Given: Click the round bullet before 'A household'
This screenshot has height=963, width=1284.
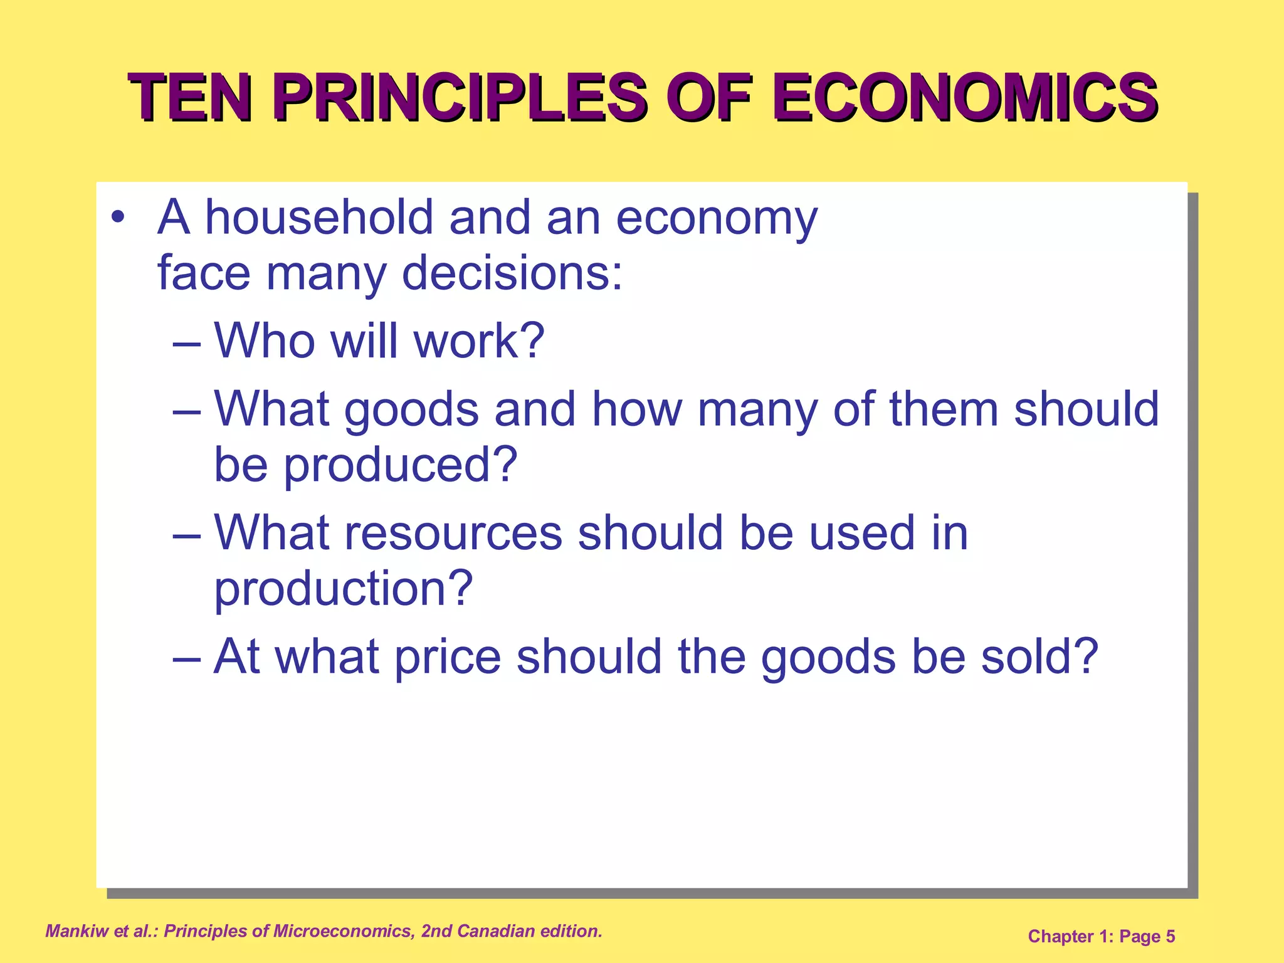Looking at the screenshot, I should (x=117, y=218).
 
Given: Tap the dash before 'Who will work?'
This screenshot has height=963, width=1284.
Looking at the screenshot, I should (x=187, y=344).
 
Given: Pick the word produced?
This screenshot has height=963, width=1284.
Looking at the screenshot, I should (x=401, y=465).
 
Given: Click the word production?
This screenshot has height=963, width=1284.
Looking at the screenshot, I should (x=344, y=589).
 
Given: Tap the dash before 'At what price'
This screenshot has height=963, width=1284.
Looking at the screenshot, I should (x=187, y=660).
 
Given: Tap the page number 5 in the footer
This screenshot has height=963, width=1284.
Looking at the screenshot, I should (x=1170, y=937).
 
